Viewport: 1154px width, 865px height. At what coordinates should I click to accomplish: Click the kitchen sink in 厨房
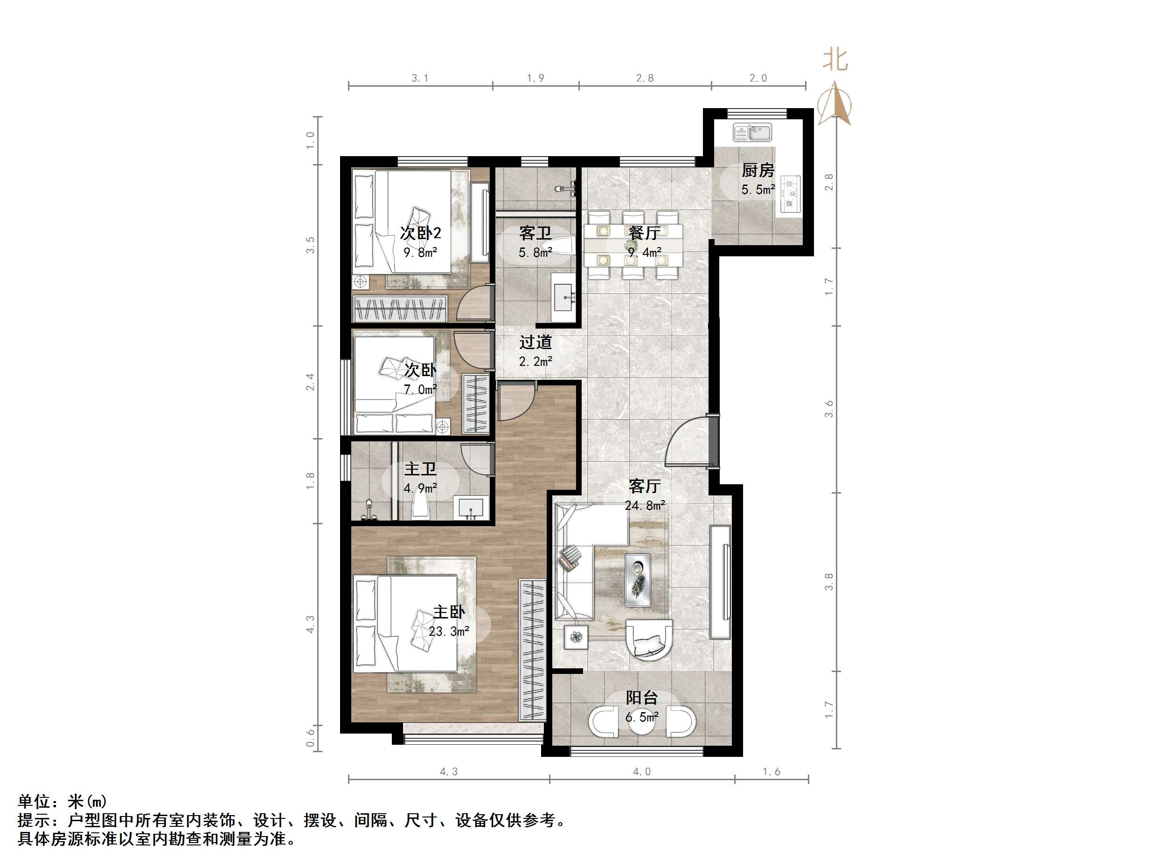[752, 132]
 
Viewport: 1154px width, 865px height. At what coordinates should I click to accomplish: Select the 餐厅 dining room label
[644, 233]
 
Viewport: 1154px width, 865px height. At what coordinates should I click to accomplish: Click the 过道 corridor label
[535, 342]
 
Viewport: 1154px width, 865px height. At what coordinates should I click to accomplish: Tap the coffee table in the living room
[638, 580]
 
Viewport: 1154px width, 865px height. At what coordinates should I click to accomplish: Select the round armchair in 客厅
[649, 646]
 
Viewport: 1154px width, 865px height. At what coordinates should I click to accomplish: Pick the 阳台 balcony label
[642, 698]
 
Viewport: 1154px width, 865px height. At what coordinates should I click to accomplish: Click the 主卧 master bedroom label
[449, 611]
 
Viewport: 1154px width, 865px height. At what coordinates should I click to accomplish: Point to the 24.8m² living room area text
[645, 505]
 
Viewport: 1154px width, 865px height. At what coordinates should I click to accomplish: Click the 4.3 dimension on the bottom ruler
[449, 772]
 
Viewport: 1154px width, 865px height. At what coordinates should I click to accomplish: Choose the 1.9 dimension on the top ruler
[535, 78]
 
